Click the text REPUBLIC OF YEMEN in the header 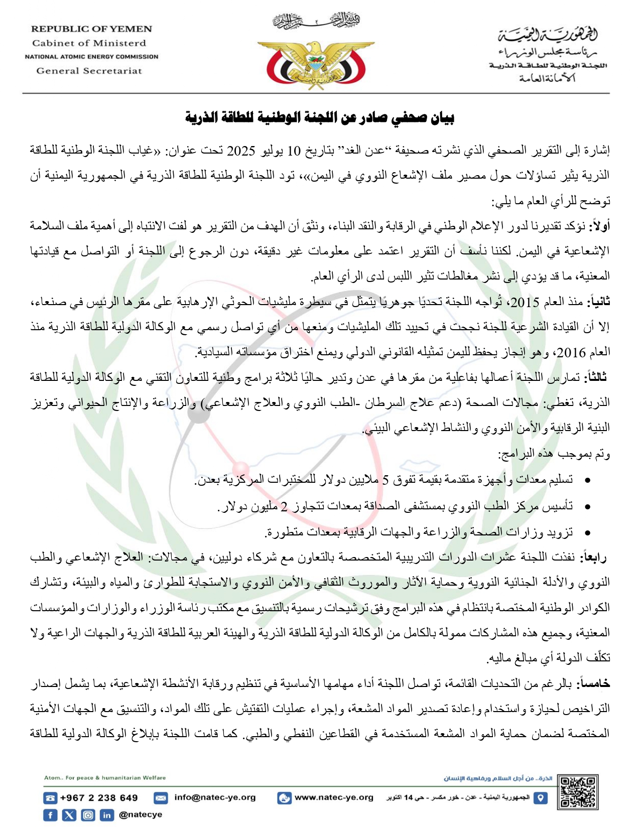coord(91,29)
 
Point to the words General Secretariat coord(89,71)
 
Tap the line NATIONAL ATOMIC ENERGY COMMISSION coord(91,57)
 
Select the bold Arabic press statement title coord(320,118)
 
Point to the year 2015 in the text coord(524,302)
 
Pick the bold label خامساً coord(595,683)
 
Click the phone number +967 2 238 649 coord(99,798)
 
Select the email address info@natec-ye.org coord(215,797)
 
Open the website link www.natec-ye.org coord(334,797)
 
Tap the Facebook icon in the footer coord(50,815)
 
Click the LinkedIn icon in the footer coord(106,815)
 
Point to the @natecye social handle coord(141,814)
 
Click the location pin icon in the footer coord(540,798)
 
